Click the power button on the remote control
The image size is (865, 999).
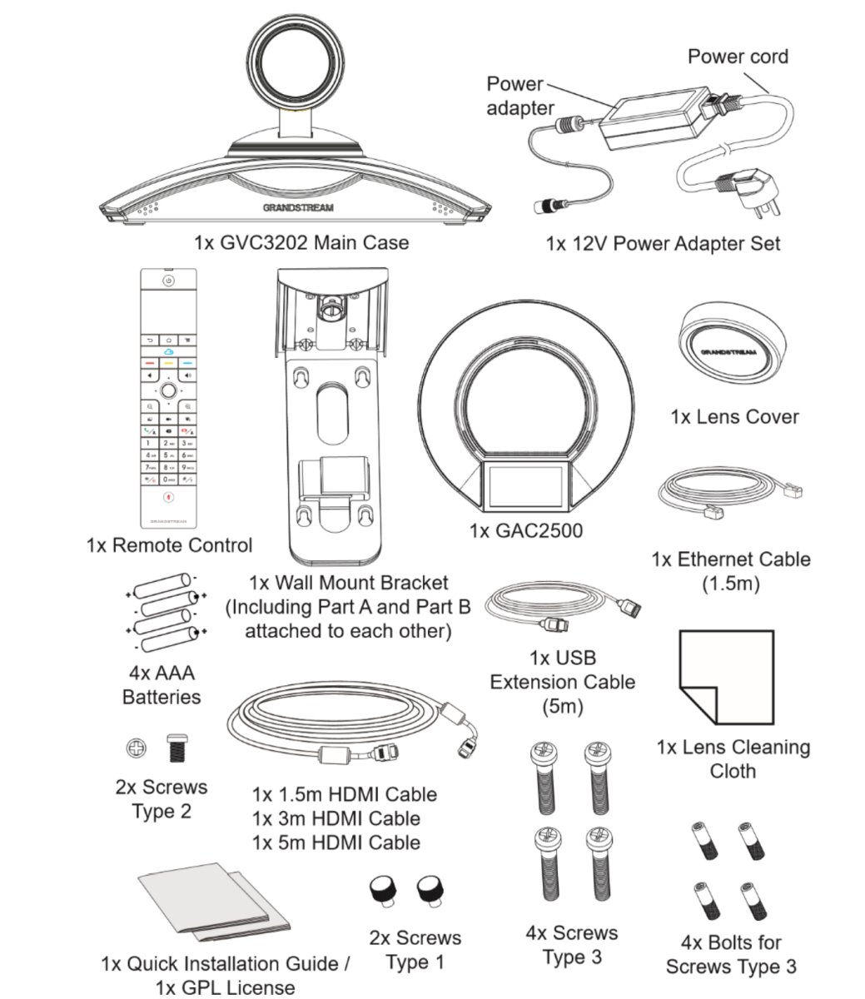click(x=168, y=281)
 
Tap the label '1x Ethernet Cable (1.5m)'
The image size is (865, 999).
click(x=730, y=571)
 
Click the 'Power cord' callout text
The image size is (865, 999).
click(x=737, y=57)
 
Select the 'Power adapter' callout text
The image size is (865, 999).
click(x=519, y=96)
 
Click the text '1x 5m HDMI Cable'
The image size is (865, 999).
click(x=336, y=842)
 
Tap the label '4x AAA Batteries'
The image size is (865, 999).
click(x=162, y=684)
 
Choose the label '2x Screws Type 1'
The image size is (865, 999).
click(x=415, y=950)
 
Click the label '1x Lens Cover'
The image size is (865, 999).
click(x=734, y=417)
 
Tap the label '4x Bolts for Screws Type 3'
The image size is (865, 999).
click(x=731, y=955)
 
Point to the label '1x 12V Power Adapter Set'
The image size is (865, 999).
click(x=663, y=244)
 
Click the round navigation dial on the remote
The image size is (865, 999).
click(x=168, y=389)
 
